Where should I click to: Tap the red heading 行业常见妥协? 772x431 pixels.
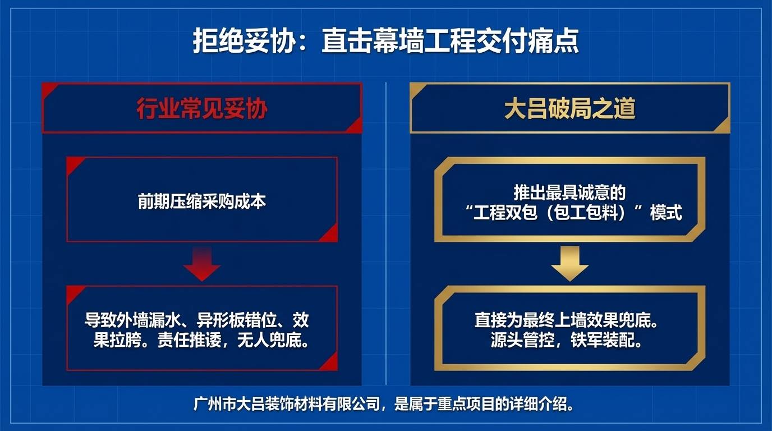[201, 109]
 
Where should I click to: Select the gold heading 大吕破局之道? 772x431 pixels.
[569, 109]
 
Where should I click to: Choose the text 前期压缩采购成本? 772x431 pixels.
[201, 201]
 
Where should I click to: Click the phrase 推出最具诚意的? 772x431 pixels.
[569, 192]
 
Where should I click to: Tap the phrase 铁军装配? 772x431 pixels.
[606, 341]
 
